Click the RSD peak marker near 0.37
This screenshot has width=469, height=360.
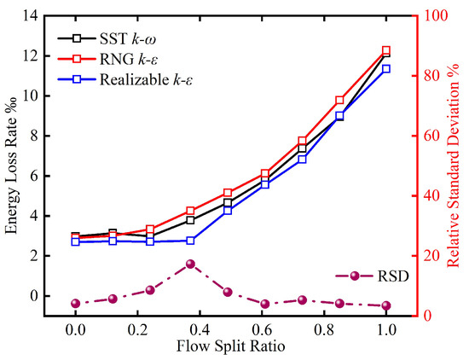click(190, 264)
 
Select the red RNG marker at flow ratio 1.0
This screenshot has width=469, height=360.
click(386, 50)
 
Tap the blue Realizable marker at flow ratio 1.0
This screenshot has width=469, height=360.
click(386, 69)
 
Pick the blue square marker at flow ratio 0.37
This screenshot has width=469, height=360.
click(190, 241)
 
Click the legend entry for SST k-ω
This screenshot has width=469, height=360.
click(107, 39)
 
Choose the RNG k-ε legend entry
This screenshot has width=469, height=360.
click(107, 59)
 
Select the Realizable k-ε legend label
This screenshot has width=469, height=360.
click(125, 79)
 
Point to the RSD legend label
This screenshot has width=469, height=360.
click(393, 276)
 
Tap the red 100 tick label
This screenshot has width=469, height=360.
click(435, 15)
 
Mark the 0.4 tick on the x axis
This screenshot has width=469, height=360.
click(200, 330)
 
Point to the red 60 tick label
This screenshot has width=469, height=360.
click(431, 136)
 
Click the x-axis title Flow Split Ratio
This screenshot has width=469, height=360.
click(230, 346)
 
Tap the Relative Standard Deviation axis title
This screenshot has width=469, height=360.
click(453, 165)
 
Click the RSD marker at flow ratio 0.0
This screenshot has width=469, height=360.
click(76, 304)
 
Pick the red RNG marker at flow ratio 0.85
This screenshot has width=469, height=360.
click(339, 101)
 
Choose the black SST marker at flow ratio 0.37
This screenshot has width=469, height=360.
click(190, 220)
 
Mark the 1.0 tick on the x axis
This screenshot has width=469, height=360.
click(386, 330)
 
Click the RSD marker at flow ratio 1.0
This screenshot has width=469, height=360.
click(386, 305)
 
